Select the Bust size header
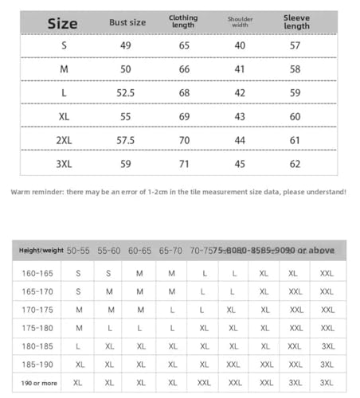(x=127, y=22)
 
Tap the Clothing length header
(x=183, y=22)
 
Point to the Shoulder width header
(x=240, y=22)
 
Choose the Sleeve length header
(x=296, y=22)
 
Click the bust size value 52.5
(x=126, y=93)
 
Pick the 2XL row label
(x=65, y=140)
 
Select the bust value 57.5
(x=126, y=140)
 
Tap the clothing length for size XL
(x=184, y=116)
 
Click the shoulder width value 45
(x=239, y=164)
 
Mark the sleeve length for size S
(x=295, y=45)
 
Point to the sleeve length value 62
(x=295, y=164)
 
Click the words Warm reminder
(x=37, y=192)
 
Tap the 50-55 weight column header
(x=79, y=251)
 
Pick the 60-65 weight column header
(x=139, y=251)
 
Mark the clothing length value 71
(x=184, y=164)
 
